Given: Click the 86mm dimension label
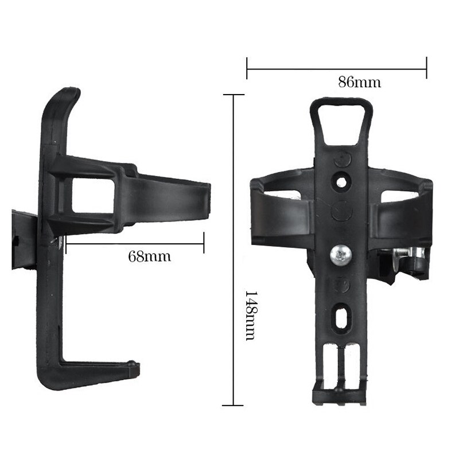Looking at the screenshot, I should [359, 82].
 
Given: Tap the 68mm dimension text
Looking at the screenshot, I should [149, 256].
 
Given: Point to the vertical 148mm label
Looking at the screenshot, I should [251, 314].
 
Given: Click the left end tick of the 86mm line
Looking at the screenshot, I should [247, 68].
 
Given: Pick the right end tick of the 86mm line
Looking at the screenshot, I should [426, 68].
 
